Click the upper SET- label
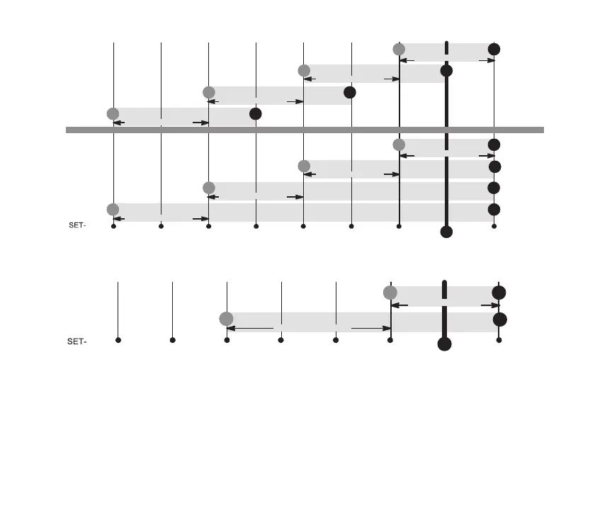click(76, 226)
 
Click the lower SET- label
click(76, 341)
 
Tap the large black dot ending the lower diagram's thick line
click(444, 344)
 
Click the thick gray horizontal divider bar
click(305, 130)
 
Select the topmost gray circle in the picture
click(399, 49)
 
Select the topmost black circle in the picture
click(494, 49)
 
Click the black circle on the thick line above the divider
click(446, 71)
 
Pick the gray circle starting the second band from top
click(304, 70)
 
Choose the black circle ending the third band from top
click(349, 92)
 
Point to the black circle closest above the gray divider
click(256, 113)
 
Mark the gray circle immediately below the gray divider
click(399, 144)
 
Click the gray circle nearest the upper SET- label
click(113, 209)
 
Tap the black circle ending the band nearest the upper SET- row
click(494, 210)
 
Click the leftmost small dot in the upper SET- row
click(114, 227)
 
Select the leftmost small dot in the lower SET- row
click(118, 340)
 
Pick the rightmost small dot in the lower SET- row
click(499, 340)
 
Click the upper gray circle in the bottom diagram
click(390, 293)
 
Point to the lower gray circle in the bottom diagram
click(226, 319)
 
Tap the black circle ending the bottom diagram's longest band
click(499, 319)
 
